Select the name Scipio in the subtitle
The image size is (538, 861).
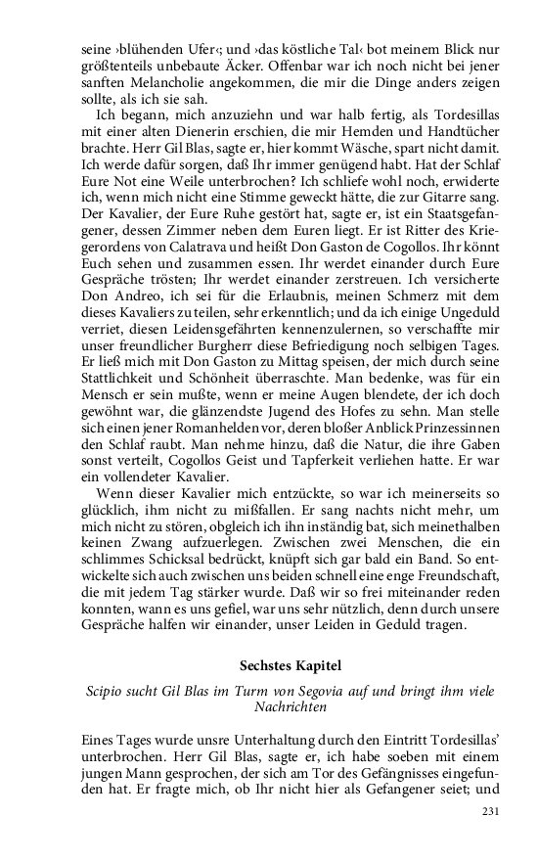pos(103,694)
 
